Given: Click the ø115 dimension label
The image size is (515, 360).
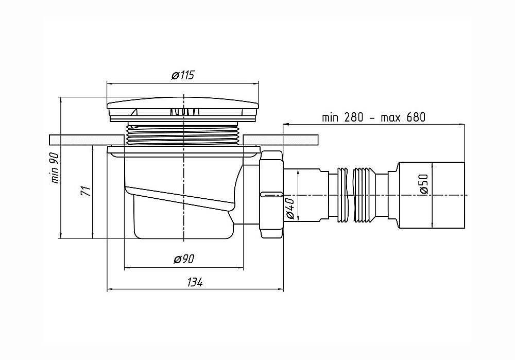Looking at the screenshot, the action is click(183, 75).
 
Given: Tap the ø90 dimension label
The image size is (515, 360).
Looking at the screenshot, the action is click(184, 259).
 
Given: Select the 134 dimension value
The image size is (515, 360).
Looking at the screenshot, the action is click(195, 282).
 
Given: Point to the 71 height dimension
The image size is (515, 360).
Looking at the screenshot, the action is click(86, 191).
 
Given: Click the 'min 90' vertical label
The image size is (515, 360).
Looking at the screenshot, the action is click(55, 168).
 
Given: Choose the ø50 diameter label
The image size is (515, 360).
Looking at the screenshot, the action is click(424, 184).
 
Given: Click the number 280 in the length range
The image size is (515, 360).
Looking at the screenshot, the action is click(354, 117).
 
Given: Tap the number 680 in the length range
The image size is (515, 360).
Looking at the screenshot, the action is click(416, 117).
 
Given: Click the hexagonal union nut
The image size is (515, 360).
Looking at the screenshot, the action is click(271, 195).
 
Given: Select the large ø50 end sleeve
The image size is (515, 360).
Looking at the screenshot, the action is click(432, 195).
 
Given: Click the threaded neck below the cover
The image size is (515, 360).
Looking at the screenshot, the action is click(184, 134).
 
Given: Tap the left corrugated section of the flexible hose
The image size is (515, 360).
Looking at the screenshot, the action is click(342, 195).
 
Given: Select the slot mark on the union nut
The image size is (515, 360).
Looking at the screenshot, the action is click(271, 195).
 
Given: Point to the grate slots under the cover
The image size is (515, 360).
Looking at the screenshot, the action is click(184, 112).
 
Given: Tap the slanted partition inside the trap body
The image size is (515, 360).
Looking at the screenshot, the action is click(180, 198).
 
